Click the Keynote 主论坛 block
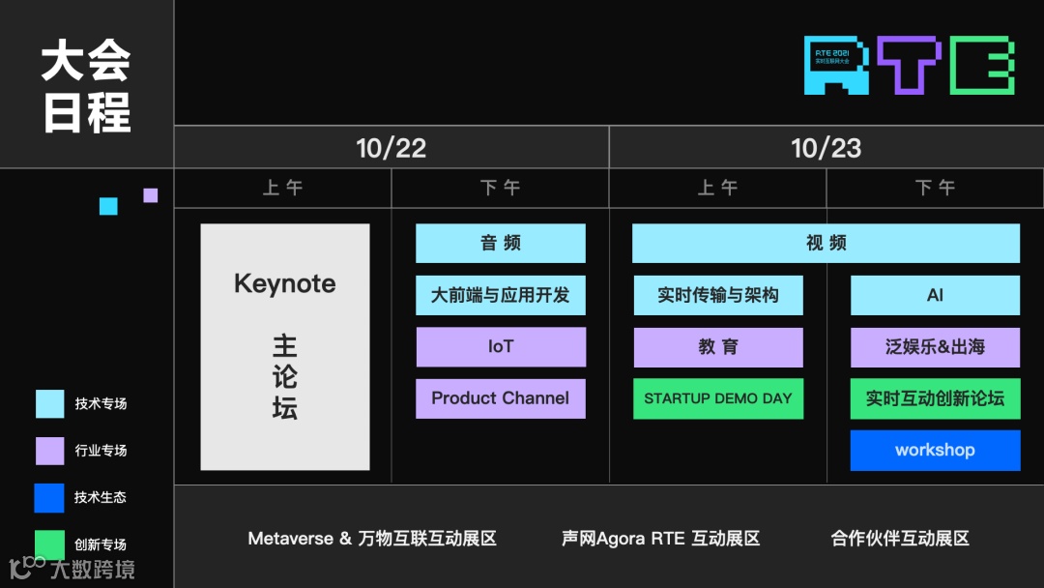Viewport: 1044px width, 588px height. [285, 347]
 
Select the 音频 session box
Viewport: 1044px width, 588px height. [501, 244]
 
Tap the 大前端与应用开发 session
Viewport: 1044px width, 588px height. [501, 295]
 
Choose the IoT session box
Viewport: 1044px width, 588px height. [501, 347]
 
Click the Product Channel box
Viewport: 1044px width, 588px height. [501, 398]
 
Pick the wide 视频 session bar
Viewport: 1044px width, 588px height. [826, 244]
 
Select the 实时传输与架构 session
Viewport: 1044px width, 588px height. [718, 295]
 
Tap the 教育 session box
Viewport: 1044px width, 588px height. [718, 347]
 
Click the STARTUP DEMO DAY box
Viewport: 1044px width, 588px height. [718, 398]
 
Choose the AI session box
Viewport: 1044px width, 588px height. [935, 295]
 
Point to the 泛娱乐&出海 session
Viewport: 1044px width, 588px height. [935, 347]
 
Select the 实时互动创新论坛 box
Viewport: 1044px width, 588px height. [935, 398]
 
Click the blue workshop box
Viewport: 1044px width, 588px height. [935, 451]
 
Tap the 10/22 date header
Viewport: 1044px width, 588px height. [391, 148]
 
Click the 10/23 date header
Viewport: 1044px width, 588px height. [826, 148]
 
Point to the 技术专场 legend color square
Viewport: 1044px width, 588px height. [50, 404]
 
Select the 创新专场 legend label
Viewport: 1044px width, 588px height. [101, 544]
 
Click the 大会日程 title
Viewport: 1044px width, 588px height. [86, 87]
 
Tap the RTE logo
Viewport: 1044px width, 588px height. [910, 66]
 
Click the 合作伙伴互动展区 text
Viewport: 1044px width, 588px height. [899, 539]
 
